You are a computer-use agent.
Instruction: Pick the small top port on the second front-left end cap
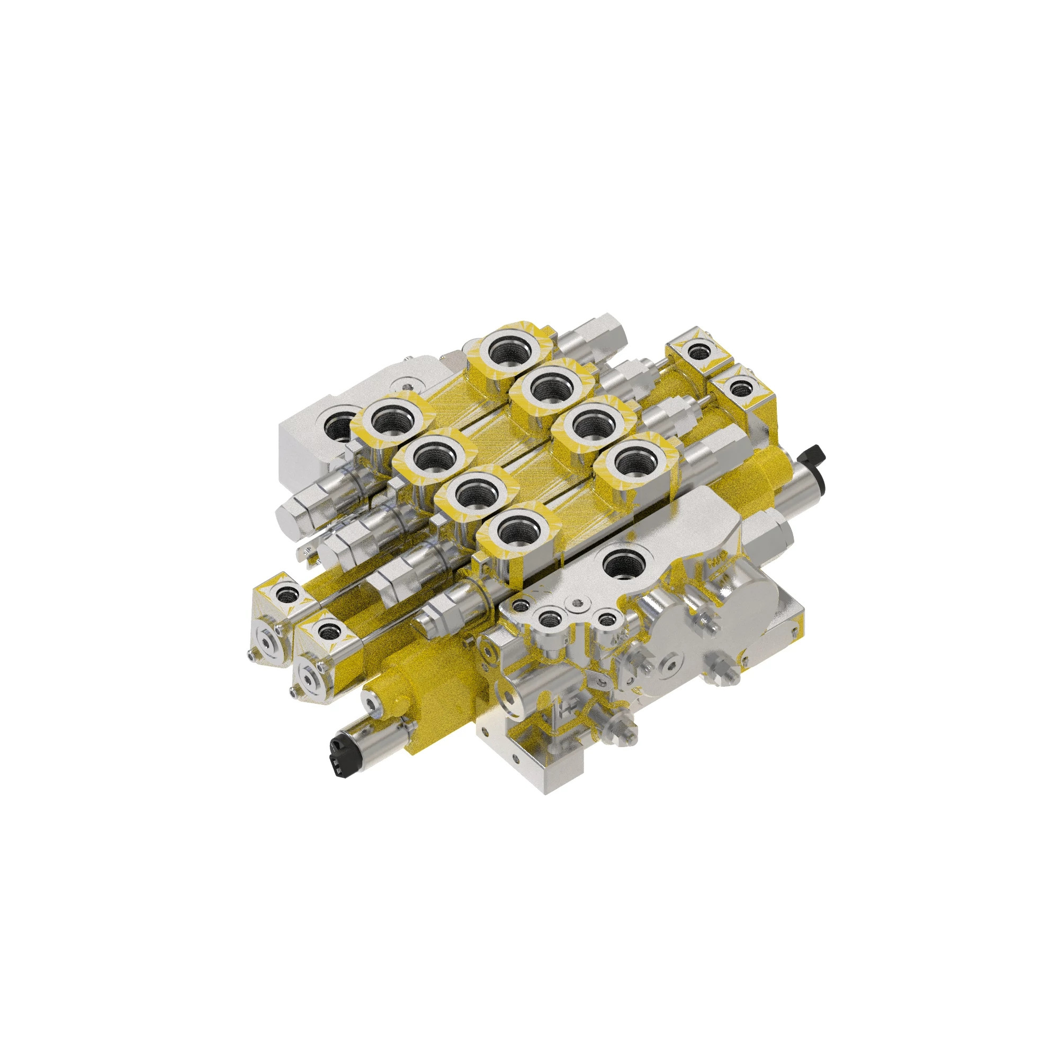[328, 633]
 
